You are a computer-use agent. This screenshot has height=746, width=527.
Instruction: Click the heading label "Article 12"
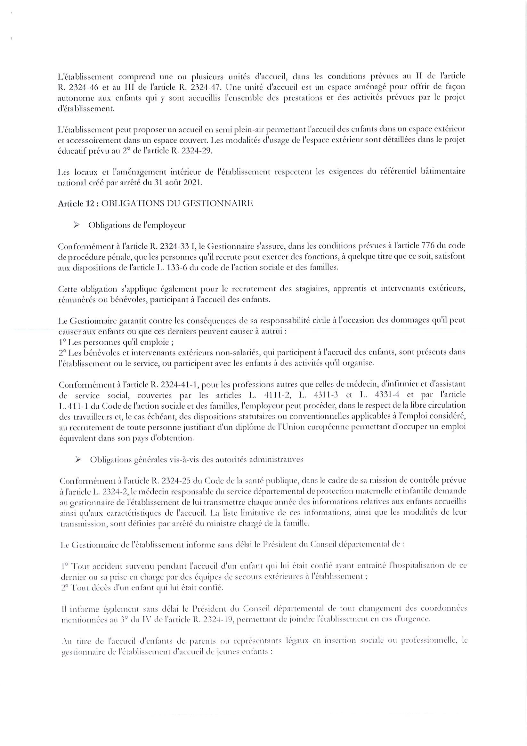point(77,204)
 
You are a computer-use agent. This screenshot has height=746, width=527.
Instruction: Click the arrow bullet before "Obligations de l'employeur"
point(77,225)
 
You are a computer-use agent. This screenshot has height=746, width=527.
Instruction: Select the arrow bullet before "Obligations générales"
point(78,459)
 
